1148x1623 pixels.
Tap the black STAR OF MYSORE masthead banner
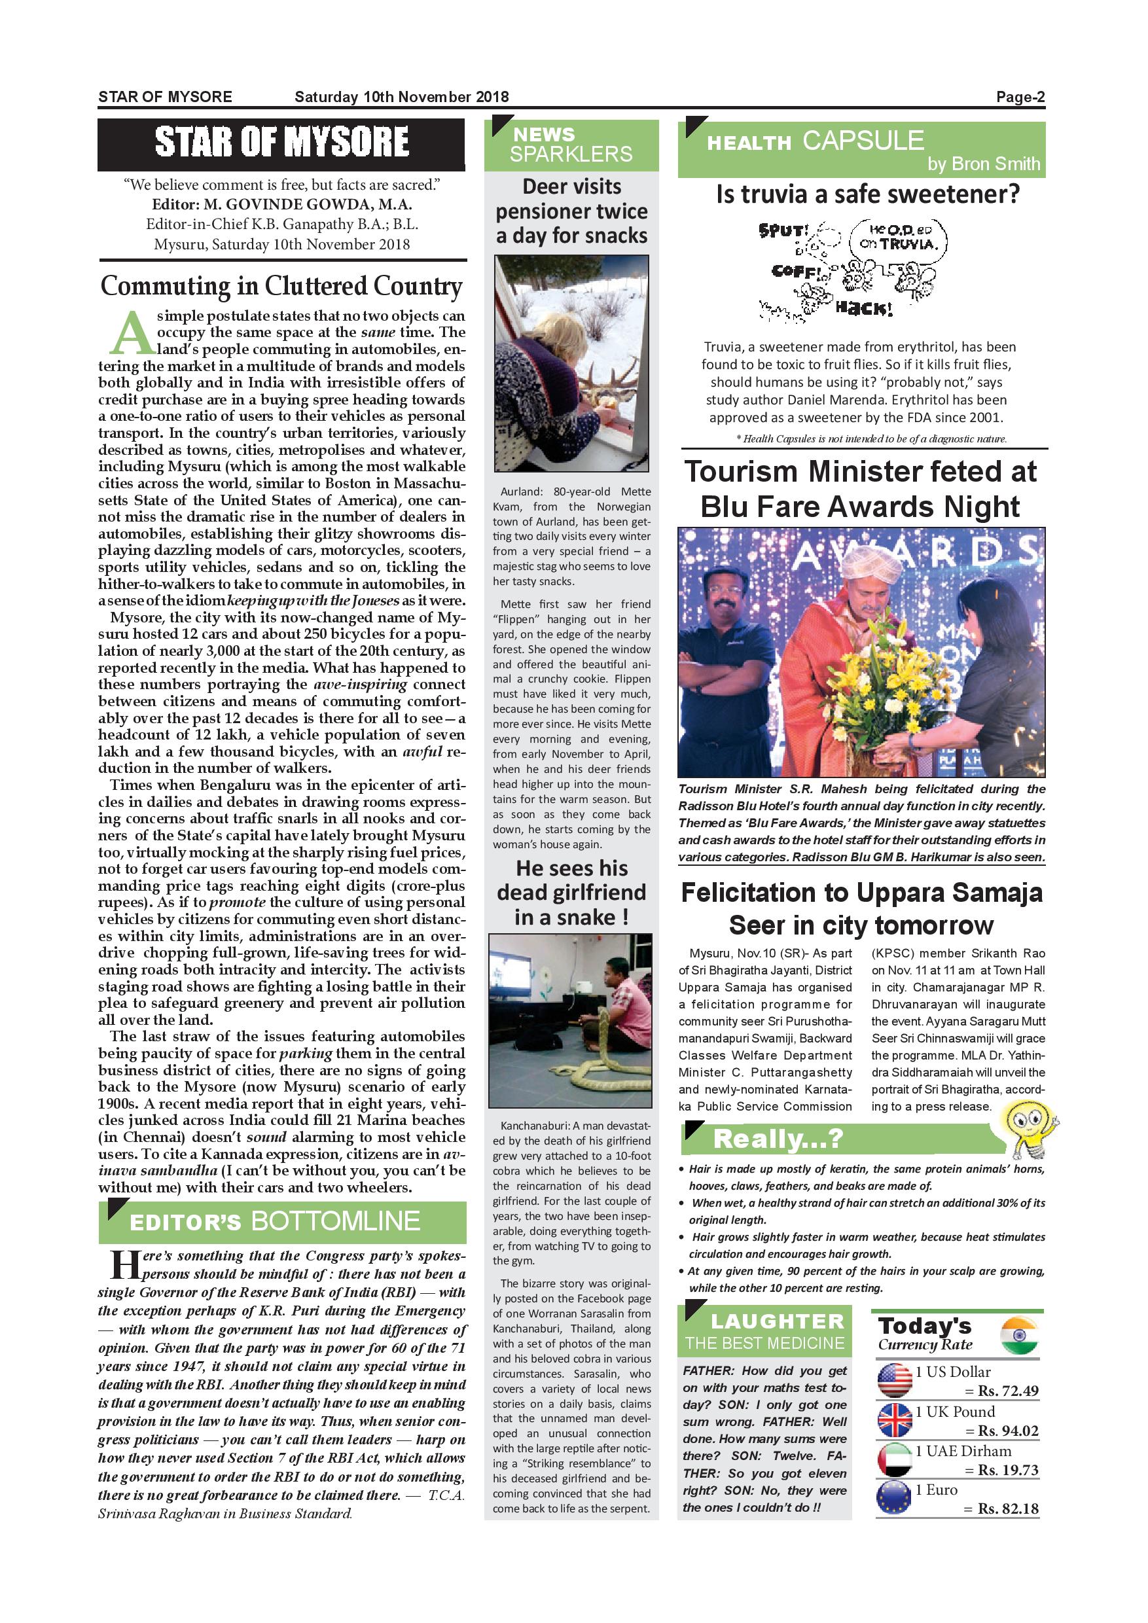point(281,143)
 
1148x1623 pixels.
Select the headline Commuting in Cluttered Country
point(281,285)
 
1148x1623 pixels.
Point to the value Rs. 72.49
point(1008,1391)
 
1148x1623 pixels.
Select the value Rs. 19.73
point(1008,1471)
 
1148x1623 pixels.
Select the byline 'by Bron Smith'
point(983,164)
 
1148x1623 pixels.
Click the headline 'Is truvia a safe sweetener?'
point(867,194)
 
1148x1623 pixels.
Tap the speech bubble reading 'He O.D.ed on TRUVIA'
point(898,238)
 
